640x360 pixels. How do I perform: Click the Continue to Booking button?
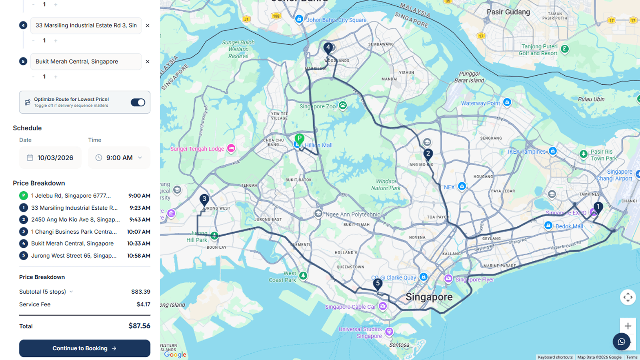(x=84, y=348)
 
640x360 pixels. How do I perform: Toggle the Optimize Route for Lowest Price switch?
(x=138, y=102)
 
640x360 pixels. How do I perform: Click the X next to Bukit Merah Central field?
(x=148, y=62)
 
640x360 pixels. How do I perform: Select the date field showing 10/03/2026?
(x=50, y=158)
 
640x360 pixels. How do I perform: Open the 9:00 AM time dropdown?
(x=119, y=158)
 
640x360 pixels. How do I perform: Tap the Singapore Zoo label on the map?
(x=318, y=106)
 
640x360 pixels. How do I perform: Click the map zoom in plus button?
(x=628, y=326)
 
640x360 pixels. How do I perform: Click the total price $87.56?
(x=139, y=326)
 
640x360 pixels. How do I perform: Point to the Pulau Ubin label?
(x=591, y=99)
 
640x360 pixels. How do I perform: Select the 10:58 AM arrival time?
(x=138, y=256)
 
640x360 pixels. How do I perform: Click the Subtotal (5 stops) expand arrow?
(x=71, y=292)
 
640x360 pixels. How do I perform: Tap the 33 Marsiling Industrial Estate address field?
(x=86, y=25)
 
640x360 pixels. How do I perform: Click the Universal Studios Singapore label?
(x=360, y=332)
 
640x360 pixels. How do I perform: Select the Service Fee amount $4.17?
(x=143, y=304)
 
